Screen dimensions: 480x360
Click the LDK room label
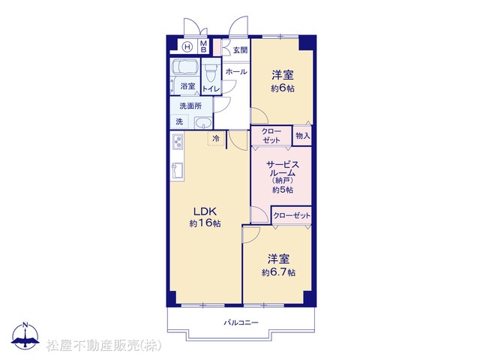coord(205,211)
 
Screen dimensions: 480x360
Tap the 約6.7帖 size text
coord(278,272)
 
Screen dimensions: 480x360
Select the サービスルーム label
coord(283,169)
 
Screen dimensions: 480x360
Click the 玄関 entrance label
coord(240,50)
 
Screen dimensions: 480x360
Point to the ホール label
coord(236,72)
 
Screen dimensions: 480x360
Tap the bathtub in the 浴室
coord(184,67)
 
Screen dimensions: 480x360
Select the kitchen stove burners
coord(178,142)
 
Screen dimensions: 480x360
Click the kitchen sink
coord(178,171)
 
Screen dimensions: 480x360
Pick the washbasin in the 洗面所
coord(203,123)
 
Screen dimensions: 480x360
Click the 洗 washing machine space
coord(179,121)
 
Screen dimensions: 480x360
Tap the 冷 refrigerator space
coord(216,138)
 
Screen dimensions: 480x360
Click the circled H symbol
coord(187,46)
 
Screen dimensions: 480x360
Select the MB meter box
coord(203,46)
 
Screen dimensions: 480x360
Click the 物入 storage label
coord(302,135)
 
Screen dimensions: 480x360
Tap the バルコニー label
coord(241,322)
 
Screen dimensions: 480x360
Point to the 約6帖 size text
coord(283,88)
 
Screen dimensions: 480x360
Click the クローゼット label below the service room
coord(292,215)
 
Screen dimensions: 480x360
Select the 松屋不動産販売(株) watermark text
coord(103,346)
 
